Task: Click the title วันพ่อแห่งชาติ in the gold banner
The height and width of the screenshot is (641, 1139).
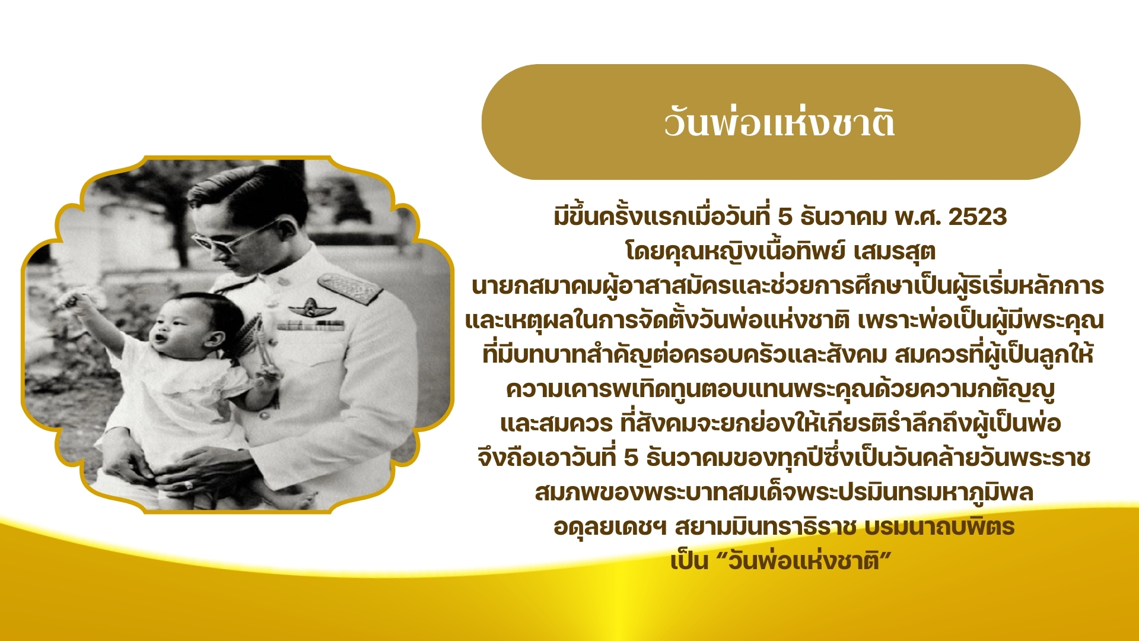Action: (780, 123)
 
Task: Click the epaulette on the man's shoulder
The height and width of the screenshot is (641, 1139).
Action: (350, 287)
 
